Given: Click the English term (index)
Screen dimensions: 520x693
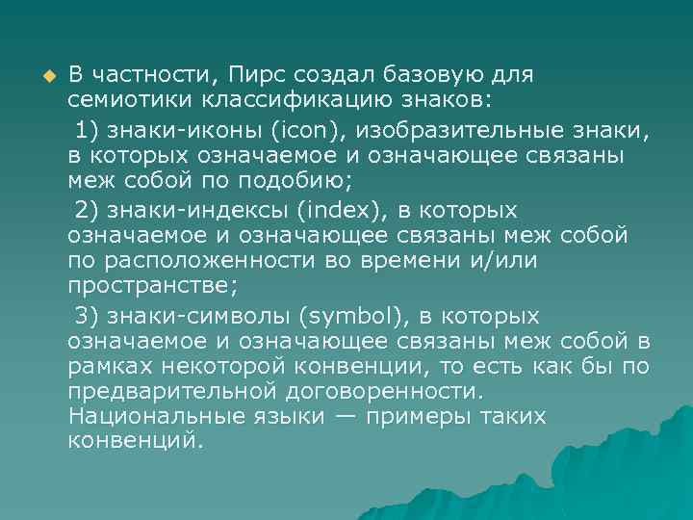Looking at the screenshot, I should point(327,210).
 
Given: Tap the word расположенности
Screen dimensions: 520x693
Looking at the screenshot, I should point(184,261).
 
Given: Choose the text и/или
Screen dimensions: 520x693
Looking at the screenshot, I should point(508,261).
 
